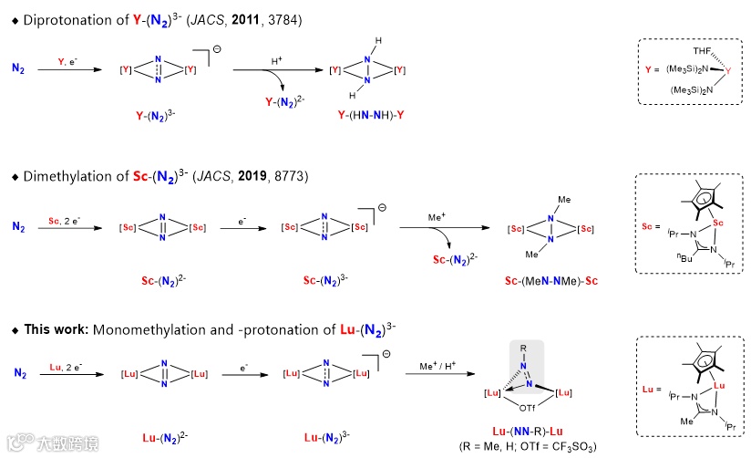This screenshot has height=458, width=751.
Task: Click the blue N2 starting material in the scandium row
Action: pyautogui.click(x=19, y=224)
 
